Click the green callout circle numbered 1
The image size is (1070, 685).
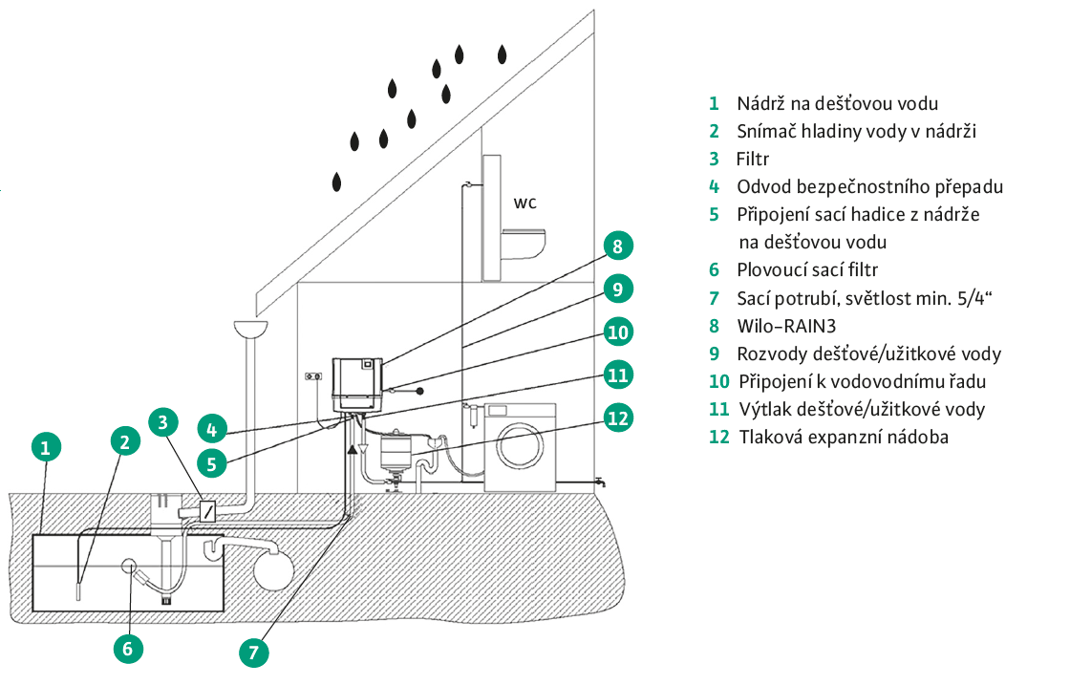pyautogui.click(x=46, y=447)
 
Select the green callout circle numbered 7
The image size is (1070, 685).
pyautogui.click(x=253, y=653)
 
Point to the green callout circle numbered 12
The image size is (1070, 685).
pyautogui.click(x=618, y=418)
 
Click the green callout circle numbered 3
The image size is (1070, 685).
pyautogui.click(x=164, y=421)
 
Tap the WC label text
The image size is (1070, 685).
pyautogui.click(x=525, y=203)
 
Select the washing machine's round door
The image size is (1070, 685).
pyautogui.click(x=521, y=445)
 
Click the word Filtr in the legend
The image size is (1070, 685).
pyautogui.click(x=753, y=159)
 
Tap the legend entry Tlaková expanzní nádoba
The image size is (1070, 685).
pyautogui.click(x=844, y=437)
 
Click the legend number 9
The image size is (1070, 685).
pyautogui.click(x=714, y=353)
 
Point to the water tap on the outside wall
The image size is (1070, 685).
pyautogui.click(x=599, y=482)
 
